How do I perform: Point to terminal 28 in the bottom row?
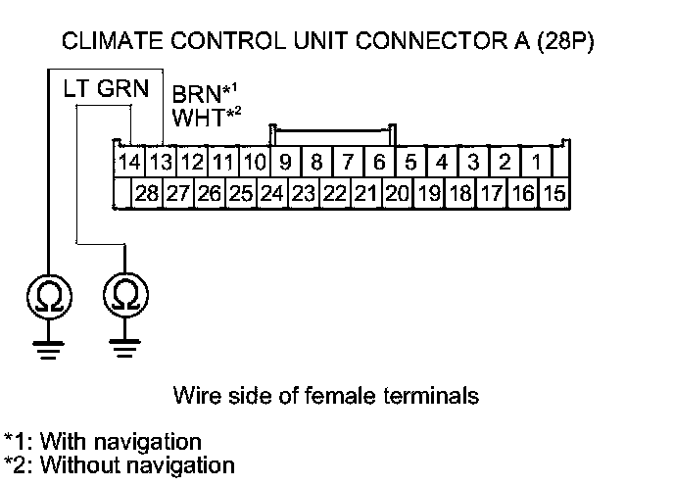pyautogui.click(x=147, y=193)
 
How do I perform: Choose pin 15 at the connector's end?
pyautogui.click(x=554, y=193)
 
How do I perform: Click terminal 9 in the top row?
pyautogui.click(x=285, y=161)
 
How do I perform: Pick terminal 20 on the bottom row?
pyautogui.click(x=397, y=193)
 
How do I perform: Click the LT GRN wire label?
pyautogui.click(x=106, y=89)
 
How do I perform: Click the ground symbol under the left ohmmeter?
pyautogui.click(x=46, y=348)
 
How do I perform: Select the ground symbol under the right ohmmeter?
pyautogui.click(x=124, y=348)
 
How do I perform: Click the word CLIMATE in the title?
pyautogui.click(x=107, y=42)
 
